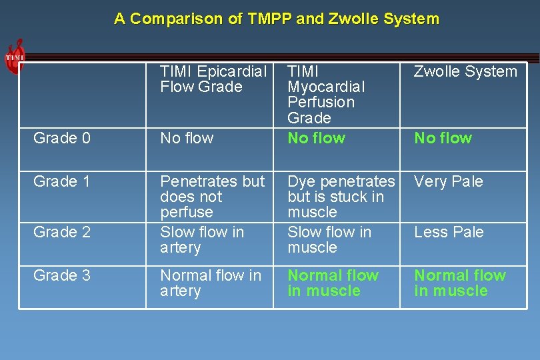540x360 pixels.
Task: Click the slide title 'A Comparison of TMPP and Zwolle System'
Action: (277, 19)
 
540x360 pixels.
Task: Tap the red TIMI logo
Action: (15, 57)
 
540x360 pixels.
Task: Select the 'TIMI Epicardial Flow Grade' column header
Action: (213, 79)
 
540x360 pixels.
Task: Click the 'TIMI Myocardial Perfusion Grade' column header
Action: (326, 95)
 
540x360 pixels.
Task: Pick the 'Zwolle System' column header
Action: (465, 72)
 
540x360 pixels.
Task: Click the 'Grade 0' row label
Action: (62, 138)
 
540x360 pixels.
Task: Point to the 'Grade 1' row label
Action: (61, 181)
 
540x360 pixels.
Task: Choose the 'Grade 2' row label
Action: (62, 232)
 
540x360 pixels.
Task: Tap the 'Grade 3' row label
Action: (62, 275)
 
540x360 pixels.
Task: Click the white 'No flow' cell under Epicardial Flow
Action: (187, 138)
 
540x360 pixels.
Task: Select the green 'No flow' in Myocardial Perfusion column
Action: (316, 138)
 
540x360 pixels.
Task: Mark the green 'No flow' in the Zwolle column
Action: (443, 138)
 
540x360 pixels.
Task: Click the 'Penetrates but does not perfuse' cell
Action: (212, 197)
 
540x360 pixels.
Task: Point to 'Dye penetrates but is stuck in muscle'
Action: (341, 197)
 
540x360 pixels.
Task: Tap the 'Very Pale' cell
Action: (448, 181)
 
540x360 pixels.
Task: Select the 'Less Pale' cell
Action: (449, 232)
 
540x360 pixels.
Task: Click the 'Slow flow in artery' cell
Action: (202, 240)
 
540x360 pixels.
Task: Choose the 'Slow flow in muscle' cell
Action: (329, 240)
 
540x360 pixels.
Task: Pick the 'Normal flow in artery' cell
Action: (211, 283)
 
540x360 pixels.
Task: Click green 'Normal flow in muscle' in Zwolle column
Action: (460, 283)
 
